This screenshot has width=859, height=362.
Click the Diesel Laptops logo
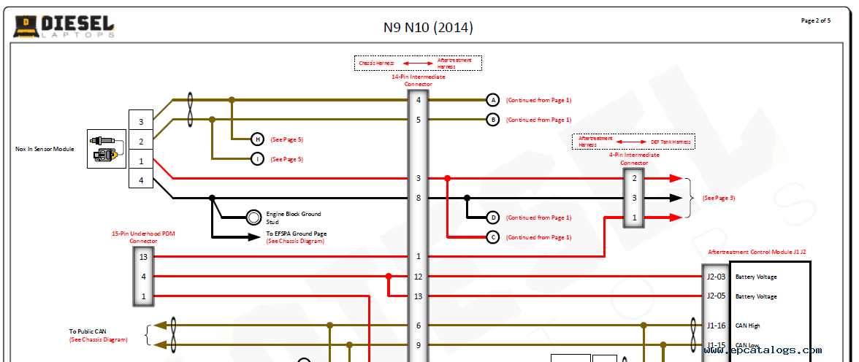tap(64, 26)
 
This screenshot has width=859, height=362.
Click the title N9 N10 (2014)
tap(428, 28)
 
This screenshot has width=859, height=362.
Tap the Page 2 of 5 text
tap(815, 20)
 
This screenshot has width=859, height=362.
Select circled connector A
tap(493, 100)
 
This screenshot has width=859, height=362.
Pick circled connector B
tap(493, 120)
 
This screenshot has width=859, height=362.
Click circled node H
tap(257, 139)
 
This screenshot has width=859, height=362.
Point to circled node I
tap(257, 159)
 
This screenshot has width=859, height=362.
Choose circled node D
tap(493, 217)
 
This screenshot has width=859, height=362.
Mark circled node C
tap(493, 237)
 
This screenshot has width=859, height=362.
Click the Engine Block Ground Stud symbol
tap(253, 217)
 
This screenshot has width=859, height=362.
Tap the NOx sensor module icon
tap(106, 149)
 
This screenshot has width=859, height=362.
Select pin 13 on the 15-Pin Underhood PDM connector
tap(143, 256)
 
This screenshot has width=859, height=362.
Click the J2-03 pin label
tap(715, 277)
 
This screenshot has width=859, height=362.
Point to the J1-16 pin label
tap(715, 326)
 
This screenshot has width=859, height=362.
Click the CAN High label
tap(749, 326)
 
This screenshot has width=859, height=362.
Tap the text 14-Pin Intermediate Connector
tap(418, 80)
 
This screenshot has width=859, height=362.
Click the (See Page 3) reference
tap(718, 198)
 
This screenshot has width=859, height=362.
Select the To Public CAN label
tap(88, 331)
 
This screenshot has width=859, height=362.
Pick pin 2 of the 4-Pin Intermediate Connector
tap(634, 178)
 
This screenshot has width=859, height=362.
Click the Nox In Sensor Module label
tap(45, 149)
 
